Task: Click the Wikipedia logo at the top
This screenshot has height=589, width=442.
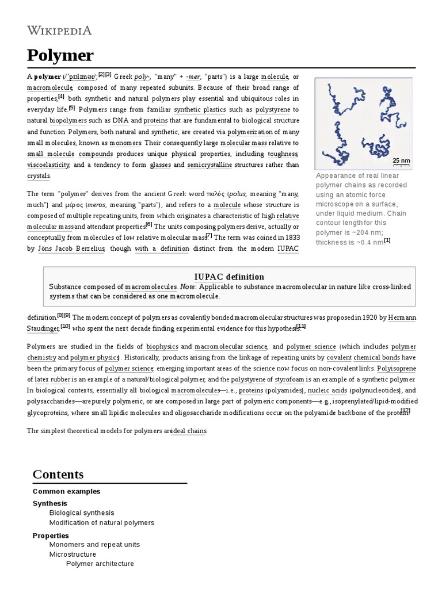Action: [x=59, y=30]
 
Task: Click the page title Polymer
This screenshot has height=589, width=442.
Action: [x=60, y=56]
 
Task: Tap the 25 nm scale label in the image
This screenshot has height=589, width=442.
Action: [x=401, y=160]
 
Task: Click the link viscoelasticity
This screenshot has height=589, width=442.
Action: [x=48, y=165]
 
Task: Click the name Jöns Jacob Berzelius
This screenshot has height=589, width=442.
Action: [x=71, y=248]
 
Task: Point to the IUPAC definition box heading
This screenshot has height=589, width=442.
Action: [x=229, y=277]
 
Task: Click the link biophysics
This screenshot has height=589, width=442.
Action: [x=162, y=346]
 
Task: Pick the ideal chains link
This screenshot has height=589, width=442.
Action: [x=189, y=431]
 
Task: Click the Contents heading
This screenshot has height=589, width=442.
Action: [x=58, y=474]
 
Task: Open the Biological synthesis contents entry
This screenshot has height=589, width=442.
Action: [x=82, y=512]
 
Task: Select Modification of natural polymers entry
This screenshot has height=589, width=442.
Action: [x=102, y=522]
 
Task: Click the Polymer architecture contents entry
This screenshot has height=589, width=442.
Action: [x=100, y=564]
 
